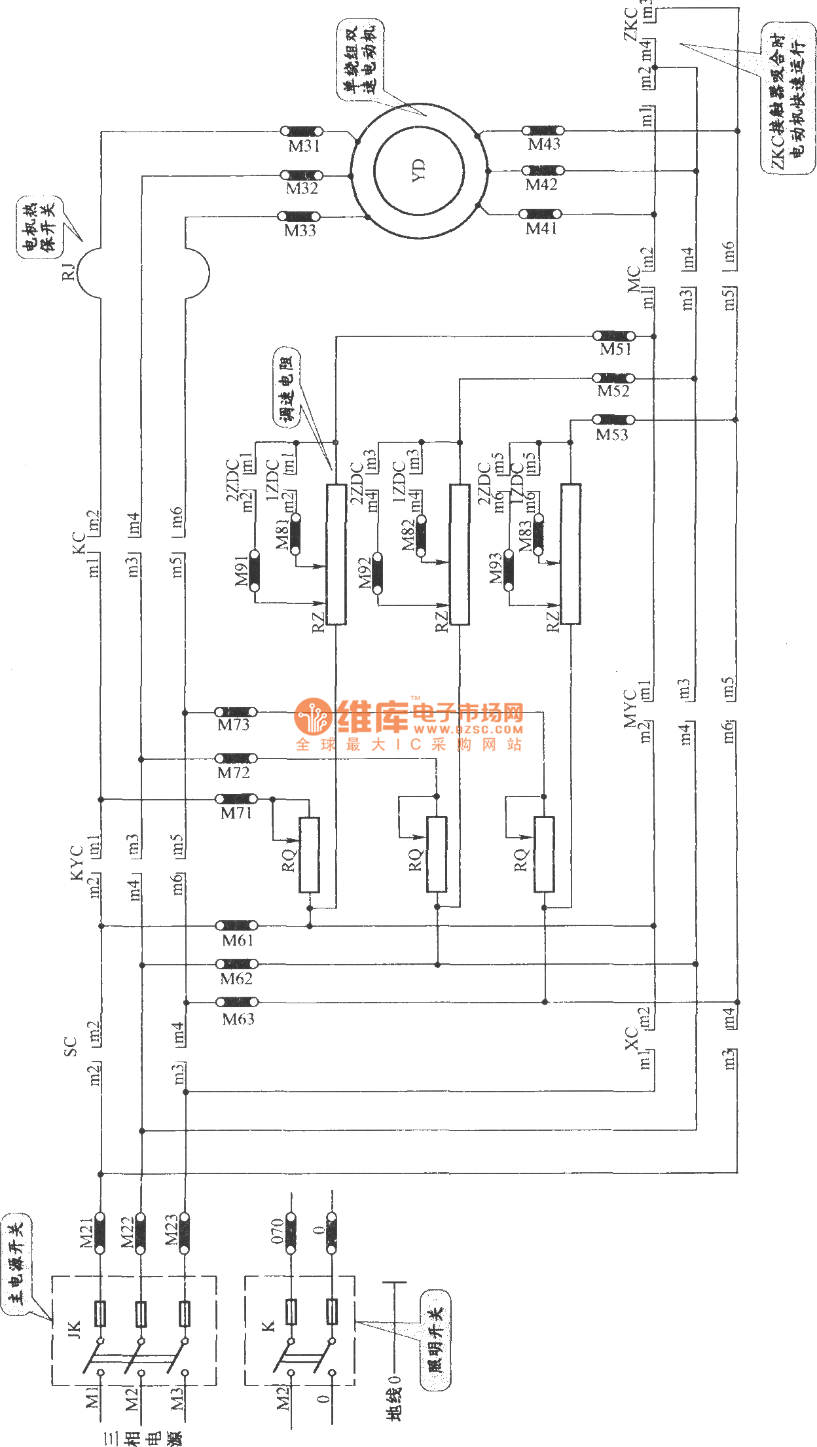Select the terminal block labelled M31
click(301, 132)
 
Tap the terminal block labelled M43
click(543, 131)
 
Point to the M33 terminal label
click(300, 230)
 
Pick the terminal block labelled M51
click(613, 336)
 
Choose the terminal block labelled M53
click(613, 420)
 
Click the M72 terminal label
click(234, 773)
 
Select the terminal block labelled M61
click(236, 925)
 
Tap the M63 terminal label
click(238, 1019)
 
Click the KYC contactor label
click(77, 863)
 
